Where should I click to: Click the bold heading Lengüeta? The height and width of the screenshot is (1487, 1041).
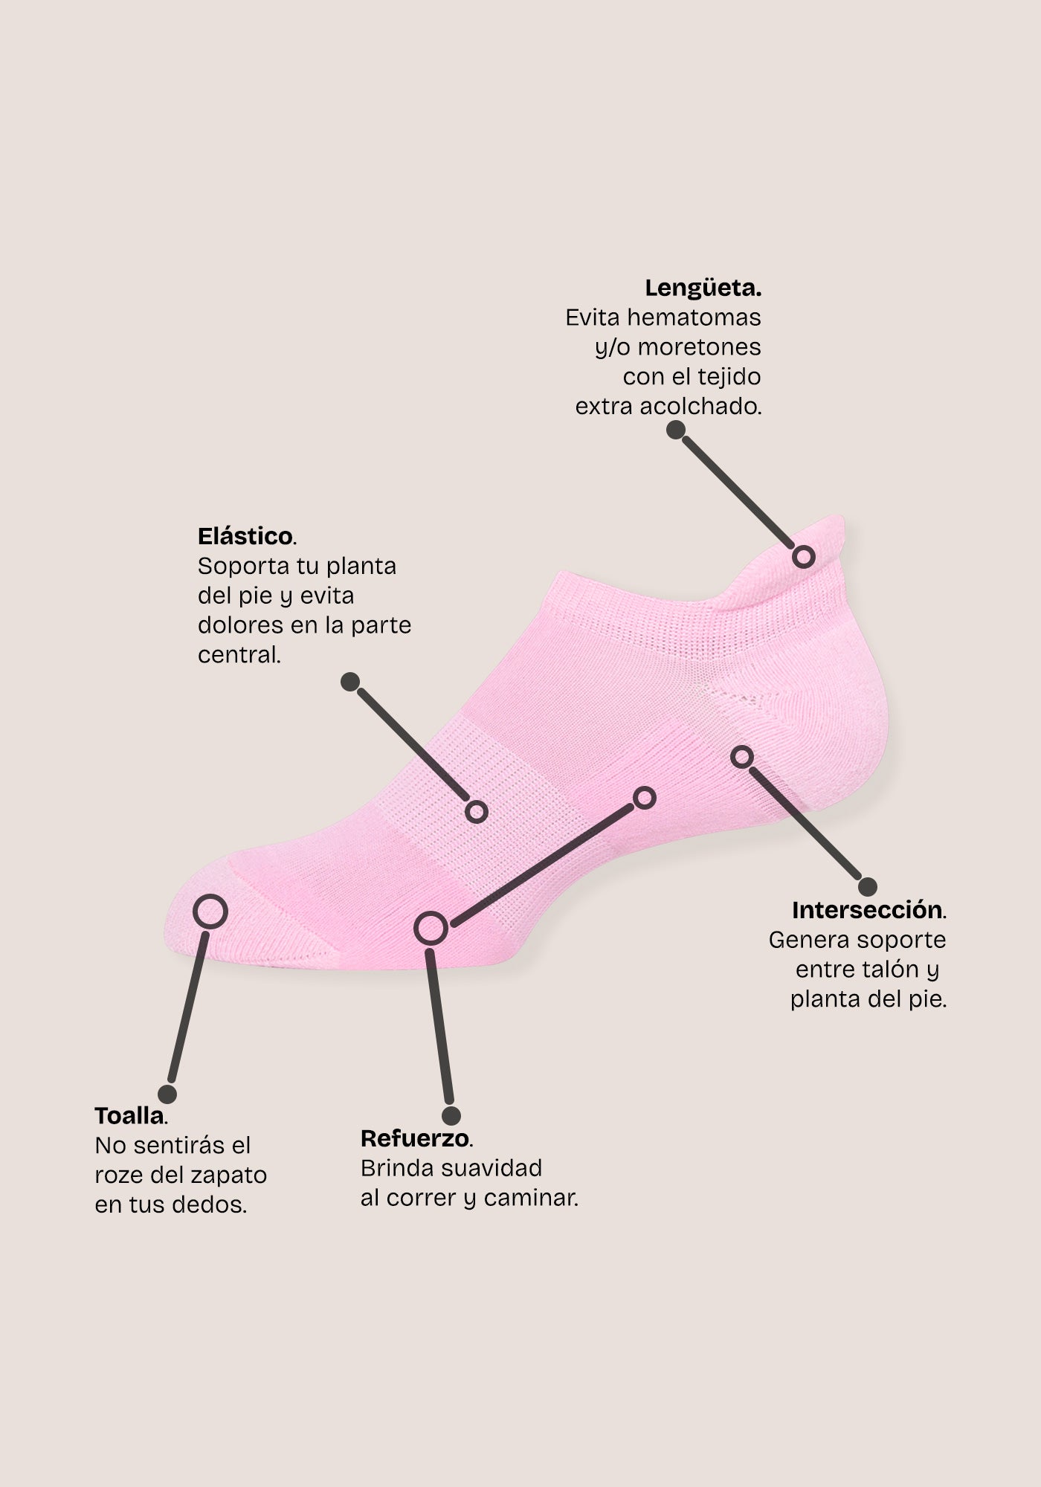(x=703, y=288)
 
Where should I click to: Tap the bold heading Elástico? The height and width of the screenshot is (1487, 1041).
(x=246, y=536)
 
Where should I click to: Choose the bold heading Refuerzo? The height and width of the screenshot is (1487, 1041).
(x=416, y=1138)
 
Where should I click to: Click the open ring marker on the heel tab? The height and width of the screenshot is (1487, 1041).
(x=803, y=556)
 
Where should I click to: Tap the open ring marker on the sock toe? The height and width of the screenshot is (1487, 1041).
(x=210, y=912)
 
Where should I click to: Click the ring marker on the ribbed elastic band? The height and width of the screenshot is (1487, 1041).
(x=476, y=811)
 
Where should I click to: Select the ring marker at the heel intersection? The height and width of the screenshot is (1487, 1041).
(x=741, y=757)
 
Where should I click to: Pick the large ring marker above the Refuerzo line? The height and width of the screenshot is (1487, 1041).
(x=431, y=928)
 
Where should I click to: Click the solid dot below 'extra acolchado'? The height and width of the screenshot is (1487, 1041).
(x=675, y=430)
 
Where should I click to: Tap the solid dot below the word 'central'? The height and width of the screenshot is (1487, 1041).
(x=350, y=682)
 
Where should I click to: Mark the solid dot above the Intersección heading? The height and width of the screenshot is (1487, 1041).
(x=868, y=886)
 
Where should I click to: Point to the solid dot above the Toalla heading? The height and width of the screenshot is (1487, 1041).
(x=168, y=1094)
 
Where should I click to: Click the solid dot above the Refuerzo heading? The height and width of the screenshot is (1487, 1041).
(x=451, y=1115)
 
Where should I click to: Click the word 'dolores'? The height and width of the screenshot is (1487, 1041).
(x=239, y=625)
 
